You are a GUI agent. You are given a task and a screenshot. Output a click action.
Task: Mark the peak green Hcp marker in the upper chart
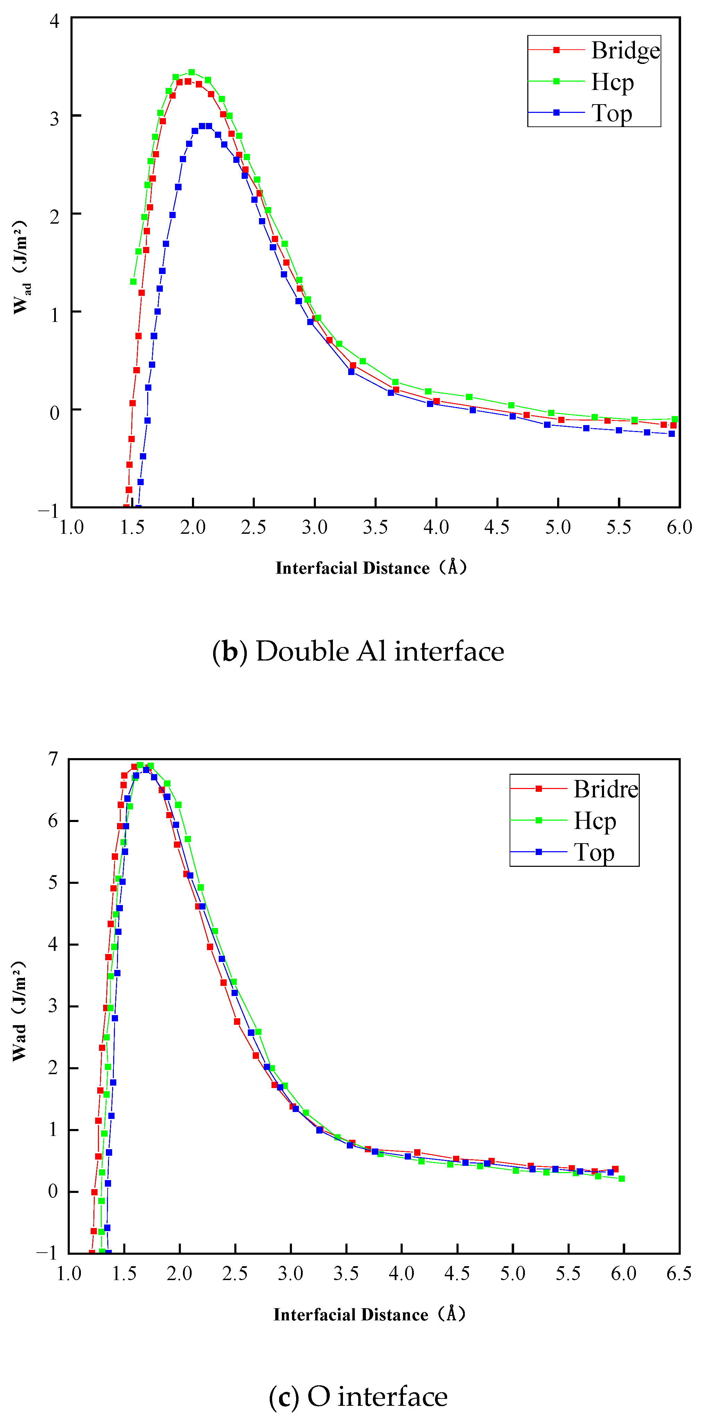[192, 72]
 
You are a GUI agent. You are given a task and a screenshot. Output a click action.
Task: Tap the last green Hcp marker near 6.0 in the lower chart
[621, 1179]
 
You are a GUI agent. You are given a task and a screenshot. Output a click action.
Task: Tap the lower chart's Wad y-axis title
[19, 1011]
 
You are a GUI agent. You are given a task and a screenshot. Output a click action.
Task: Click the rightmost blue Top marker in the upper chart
[671, 433]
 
